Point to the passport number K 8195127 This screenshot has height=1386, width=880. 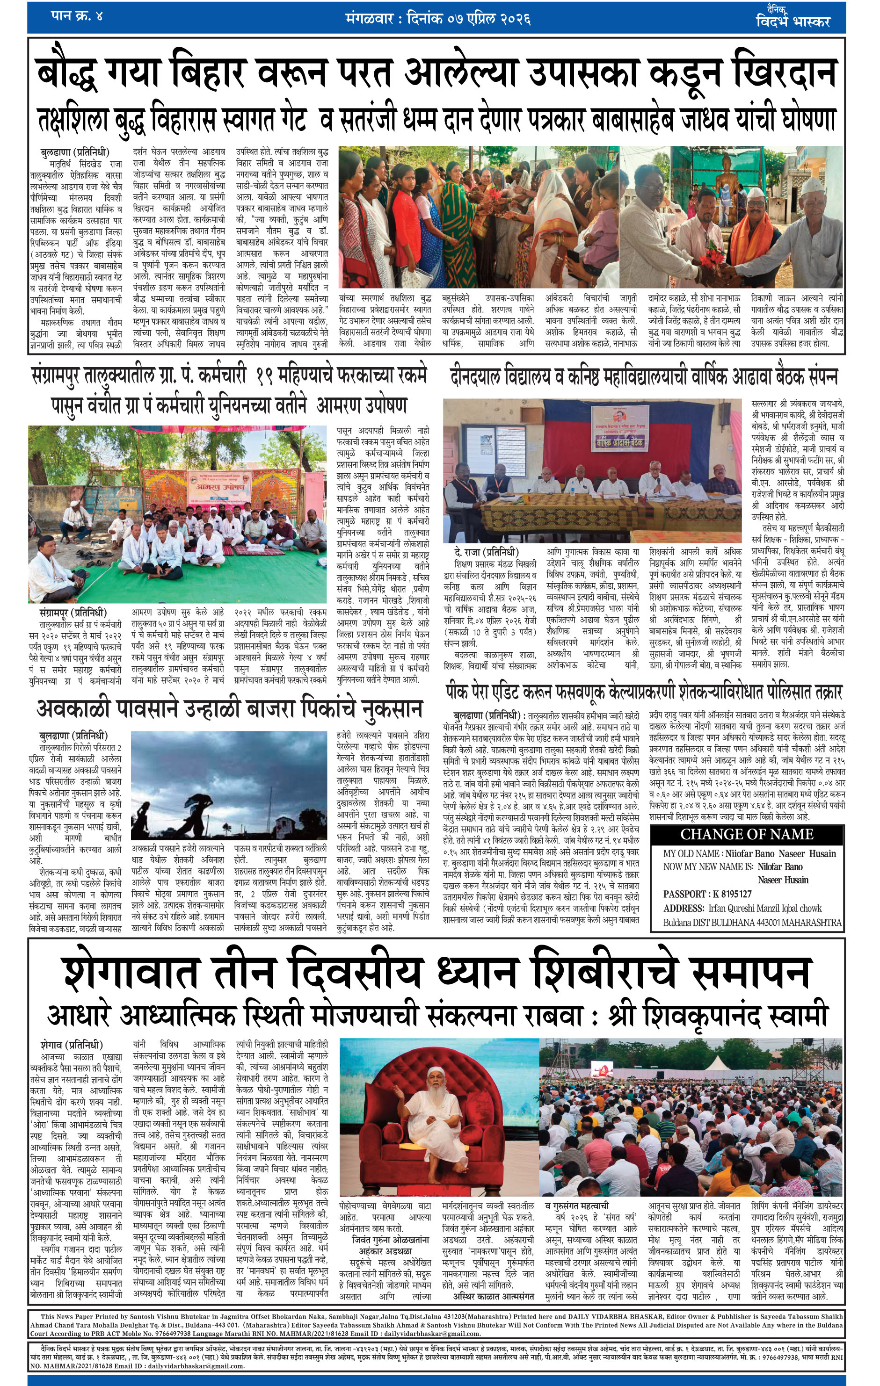[x=730, y=894]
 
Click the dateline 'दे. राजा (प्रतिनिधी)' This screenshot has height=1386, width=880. [x=486, y=553]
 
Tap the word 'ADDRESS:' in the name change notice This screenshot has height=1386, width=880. [x=684, y=908]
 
